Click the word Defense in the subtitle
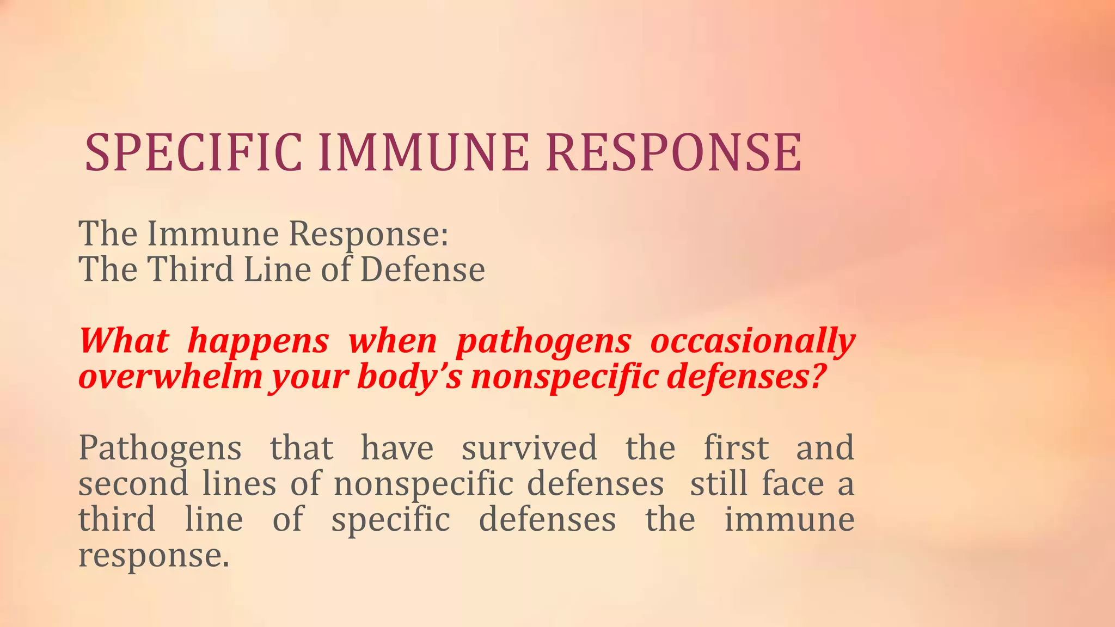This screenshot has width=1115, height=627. pyautogui.click(x=422, y=269)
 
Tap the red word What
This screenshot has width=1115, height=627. pyautogui.click(x=124, y=341)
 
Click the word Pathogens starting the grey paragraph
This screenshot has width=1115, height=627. pyautogui.click(x=160, y=450)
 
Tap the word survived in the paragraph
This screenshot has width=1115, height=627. pyautogui.click(x=529, y=448)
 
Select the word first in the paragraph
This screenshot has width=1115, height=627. pyautogui.click(x=736, y=448)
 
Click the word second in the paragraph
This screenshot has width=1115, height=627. pyautogui.click(x=133, y=484)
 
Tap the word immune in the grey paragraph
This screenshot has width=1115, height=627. pyautogui.click(x=789, y=520)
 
